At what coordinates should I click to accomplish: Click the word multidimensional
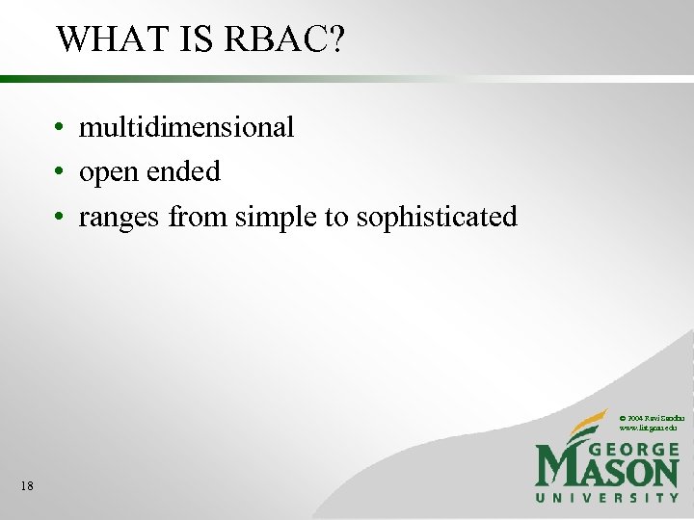(186, 127)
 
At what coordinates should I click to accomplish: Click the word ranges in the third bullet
(120, 219)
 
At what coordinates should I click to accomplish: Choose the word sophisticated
(437, 219)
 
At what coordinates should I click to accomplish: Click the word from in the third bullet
(195, 218)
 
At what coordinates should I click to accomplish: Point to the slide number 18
(26, 486)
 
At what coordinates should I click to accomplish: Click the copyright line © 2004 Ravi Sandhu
(652, 417)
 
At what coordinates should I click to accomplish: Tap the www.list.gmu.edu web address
(648, 427)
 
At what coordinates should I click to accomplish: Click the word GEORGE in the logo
(632, 450)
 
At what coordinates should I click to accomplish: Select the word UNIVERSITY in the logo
(607, 498)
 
